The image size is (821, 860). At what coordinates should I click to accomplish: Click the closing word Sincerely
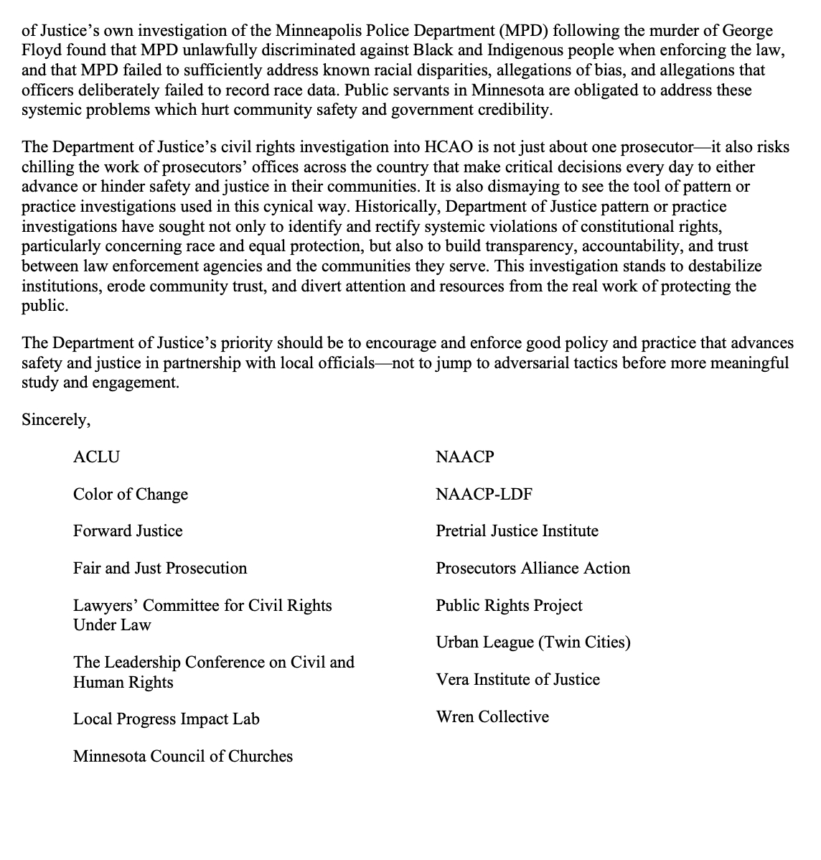click(x=56, y=420)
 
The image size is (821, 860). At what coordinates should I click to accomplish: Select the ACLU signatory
click(x=96, y=457)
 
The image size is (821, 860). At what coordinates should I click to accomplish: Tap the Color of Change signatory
click(x=131, y=495)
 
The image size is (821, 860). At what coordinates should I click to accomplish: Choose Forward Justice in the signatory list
click(x=128, y=531)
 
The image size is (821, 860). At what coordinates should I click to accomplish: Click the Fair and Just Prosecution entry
click(x=160, y=569)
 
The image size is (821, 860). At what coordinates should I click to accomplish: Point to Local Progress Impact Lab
click(x=166, y=719)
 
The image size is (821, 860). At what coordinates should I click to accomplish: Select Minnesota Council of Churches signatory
click(x=183, y=757)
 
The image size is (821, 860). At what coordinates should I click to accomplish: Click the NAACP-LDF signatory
click(x=484, y=495)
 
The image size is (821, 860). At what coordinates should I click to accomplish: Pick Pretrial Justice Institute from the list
click(x=517, y=531)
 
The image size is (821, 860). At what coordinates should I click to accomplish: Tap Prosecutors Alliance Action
click(x=533, y=569)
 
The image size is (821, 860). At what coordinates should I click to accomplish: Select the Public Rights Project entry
click(x=510, y=606)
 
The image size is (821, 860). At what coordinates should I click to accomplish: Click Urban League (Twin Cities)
click(x=533, y=642)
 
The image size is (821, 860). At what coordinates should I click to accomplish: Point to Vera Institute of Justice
click(x=518, y=680)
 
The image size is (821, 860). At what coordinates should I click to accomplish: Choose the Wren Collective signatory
click(x=492, y=717)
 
